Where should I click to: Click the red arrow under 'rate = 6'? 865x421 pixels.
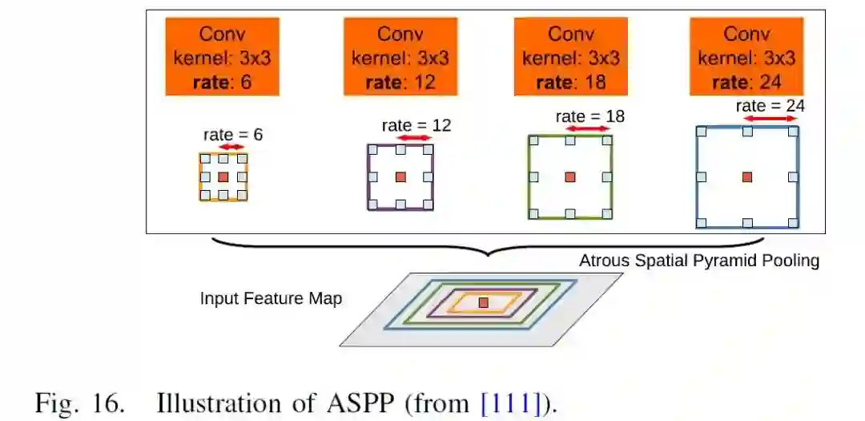coord(232,147)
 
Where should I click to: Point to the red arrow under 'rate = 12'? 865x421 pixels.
coord(414,138)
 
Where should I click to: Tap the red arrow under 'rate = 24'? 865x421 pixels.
coord(770,118)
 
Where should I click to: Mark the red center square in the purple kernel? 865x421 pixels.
coord(400,176)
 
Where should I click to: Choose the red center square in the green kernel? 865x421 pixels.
coord(570,176)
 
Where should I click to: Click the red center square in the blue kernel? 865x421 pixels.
coord(747,176)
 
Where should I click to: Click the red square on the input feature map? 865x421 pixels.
coord(483,302)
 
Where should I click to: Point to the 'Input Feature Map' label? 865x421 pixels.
coord(271,299)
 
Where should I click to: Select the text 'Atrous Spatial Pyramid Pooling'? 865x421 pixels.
coord(699,261)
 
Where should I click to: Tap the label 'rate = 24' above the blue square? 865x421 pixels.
coord(770,105)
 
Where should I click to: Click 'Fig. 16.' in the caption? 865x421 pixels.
coord(80,403)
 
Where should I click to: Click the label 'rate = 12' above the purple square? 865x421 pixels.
coord(416,125)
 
